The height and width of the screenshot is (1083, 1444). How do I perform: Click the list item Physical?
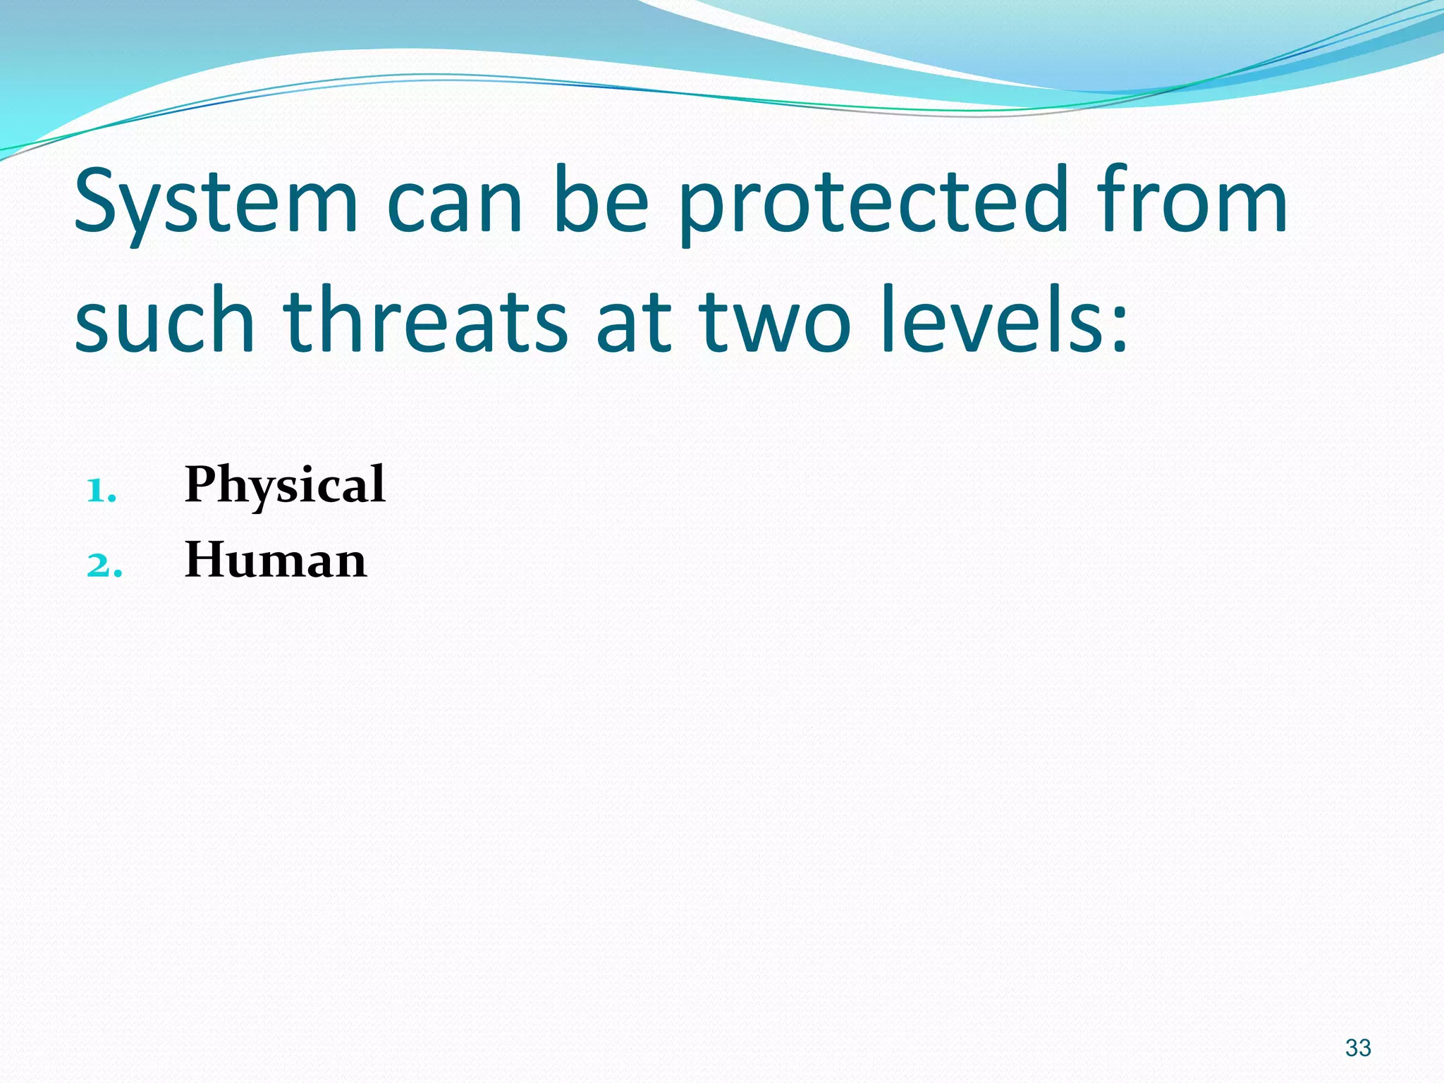tap(284, 485)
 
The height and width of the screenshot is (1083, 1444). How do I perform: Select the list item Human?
tap(275, 561)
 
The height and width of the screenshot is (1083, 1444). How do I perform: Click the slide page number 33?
tap(1357, 1048)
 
